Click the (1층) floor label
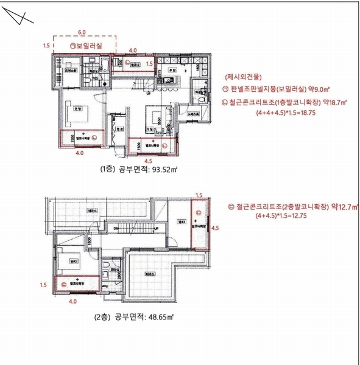coord(100,170)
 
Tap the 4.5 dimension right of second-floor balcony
coord(214,230)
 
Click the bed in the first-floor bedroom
coord(80,110)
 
